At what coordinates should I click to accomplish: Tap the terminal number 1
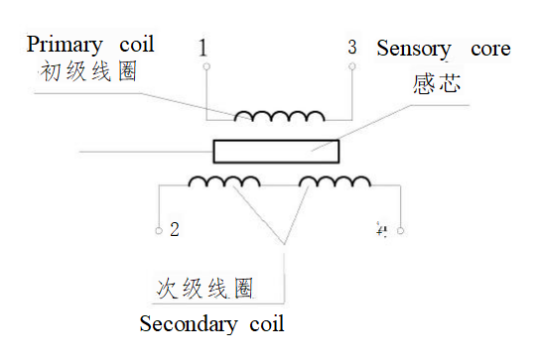(203, 48)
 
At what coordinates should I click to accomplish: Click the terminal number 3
(351, 47)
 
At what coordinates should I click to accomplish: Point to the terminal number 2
(174, 230)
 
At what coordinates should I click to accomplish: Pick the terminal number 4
(380, 230)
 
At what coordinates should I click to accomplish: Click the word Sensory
(414, 49)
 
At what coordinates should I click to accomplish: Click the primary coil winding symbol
(279, 114)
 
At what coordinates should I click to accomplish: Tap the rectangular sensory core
(276, 152)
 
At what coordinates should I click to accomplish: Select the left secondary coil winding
(224, 181)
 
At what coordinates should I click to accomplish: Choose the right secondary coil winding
(335, 181)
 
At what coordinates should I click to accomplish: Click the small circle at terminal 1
(205, 67)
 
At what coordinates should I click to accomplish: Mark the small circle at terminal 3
(352, 67)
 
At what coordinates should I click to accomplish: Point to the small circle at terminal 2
(159, 231)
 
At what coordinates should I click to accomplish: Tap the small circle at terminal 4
(400, 231)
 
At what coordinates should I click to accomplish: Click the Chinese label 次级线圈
(205, 289)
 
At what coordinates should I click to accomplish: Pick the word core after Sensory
(487, 49)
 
